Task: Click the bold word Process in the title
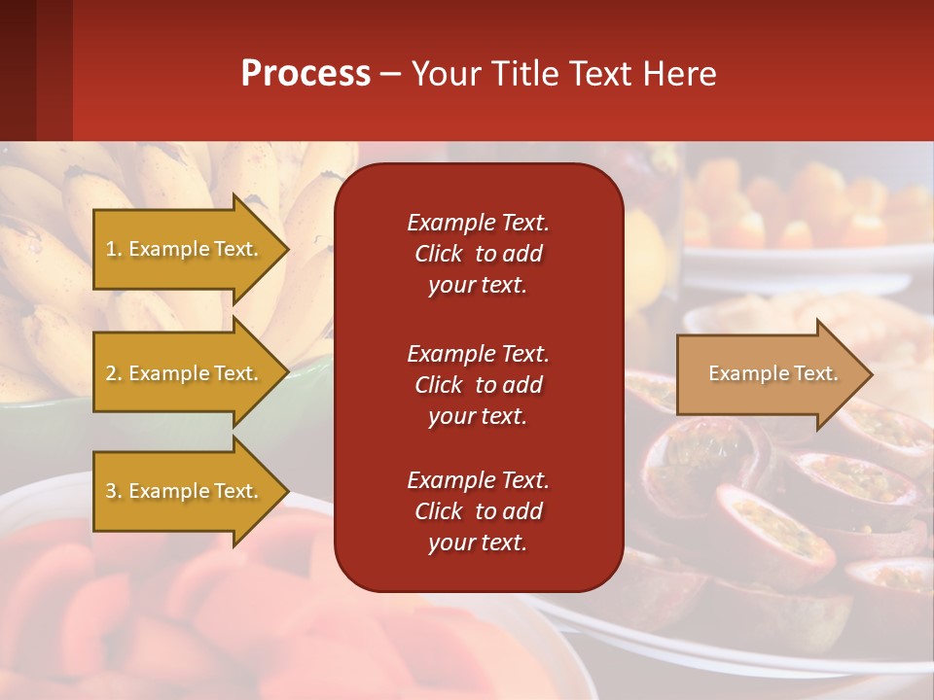pyautogui.click(x=305, y=73)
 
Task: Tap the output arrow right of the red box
pyautogui.click(x=769, y=373)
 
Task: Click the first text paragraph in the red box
pyautogui.click(x=478, y=254)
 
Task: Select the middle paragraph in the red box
pyautogui.click(x=478, y=385)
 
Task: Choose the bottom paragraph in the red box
pyautogui.click(x=478, y=511)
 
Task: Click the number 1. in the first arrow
pyautogui.click(x=114, y=249)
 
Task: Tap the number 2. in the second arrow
pyautogui.click(x=114, y=373)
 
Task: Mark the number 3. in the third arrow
pyautogui.click(x=114, y=491)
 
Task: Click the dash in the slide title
pyautogui.click(x=391, y=74)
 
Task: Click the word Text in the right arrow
pyautogui.click(x=817, y=373)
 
